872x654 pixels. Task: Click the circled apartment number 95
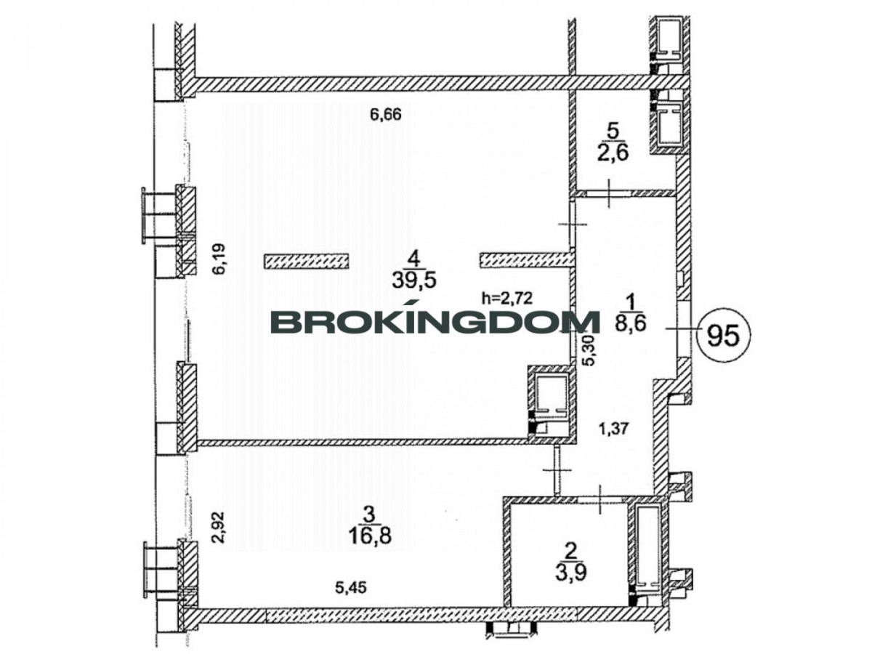click(723, 336)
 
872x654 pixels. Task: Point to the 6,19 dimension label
click(219, 258)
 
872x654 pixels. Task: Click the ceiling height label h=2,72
click(506, 297)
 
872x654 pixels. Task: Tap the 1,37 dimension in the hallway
click(614, 429)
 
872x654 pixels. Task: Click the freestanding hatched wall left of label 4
click(307, 261)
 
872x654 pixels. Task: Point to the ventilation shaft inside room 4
click(551, 403)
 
